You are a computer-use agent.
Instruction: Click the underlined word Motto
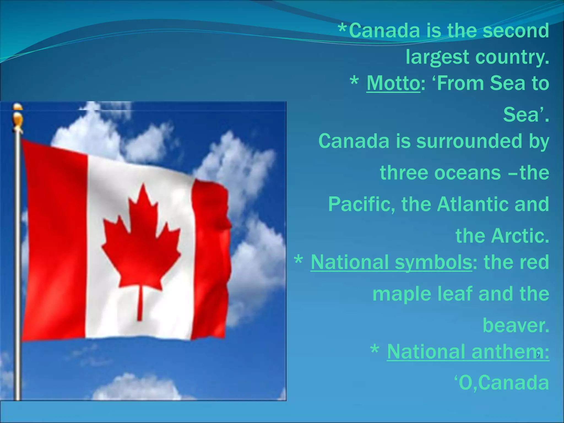pyautogui.click(x=393, y=83)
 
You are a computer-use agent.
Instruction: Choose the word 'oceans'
pyautogui.click(x=440, y=173)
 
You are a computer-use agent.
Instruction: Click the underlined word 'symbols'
pyautogui.click(x=433, y=262)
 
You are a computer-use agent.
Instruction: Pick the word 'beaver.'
pyautogui.click(x=516, y=326)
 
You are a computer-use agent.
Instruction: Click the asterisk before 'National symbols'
pyautogui.click(x=299, y=260)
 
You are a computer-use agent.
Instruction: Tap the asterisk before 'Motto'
pyautogui.click(x=354, y=82)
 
